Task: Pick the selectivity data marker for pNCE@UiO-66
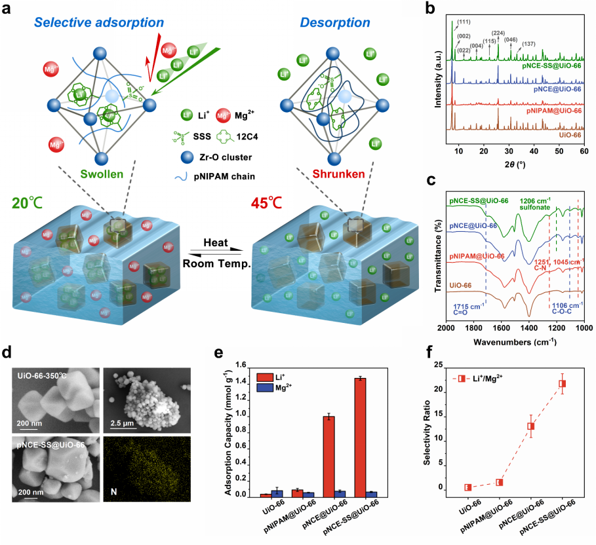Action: (531, 426)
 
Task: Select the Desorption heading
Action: (335, 24)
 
